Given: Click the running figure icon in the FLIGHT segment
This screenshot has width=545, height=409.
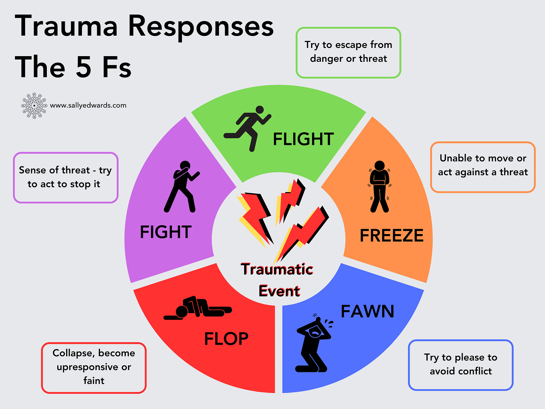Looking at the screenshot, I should pyautogui.click(x=248, y=128).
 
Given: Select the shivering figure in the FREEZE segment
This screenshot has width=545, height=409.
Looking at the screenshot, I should pyautogui.click(x=380, y=187).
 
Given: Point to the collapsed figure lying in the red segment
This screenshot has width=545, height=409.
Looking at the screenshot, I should pyautogui.click(x=198, y=308).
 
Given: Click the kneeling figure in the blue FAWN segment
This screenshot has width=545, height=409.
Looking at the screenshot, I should pyautogui.click(x=314, y=343).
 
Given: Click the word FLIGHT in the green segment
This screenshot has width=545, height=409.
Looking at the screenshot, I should pyautogui.click(x=303, y=139).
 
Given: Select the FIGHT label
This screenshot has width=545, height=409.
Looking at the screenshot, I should pyautogui.click(x=166, y=232).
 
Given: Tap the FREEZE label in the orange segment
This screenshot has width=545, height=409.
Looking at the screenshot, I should pyautogui.click(x=392, y=236).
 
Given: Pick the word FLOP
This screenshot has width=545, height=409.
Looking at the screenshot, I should pyautogui.click(x=226, y=339).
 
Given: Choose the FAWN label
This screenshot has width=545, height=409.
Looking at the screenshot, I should pyautogui.click(x=367, y=311).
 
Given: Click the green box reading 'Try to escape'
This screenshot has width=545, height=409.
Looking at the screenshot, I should pyautogui.click(x=348, y=52).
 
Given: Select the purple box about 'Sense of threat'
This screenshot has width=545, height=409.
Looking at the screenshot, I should pyautogui.click(x=66, y=178).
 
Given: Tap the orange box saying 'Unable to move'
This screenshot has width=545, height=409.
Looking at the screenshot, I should pyautogui.click(x=483, y=167).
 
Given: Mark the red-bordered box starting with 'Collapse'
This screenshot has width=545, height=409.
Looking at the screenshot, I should pyautogui.click(x=94, y=367).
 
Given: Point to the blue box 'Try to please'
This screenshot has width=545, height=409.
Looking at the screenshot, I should pyautogui.click(x=460, y=365).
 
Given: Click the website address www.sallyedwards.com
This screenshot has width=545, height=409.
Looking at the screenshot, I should pyautogui.click(x=88, y=105).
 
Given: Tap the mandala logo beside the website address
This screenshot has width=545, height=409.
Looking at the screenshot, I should pyautogui.click(x=34, y=106).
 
